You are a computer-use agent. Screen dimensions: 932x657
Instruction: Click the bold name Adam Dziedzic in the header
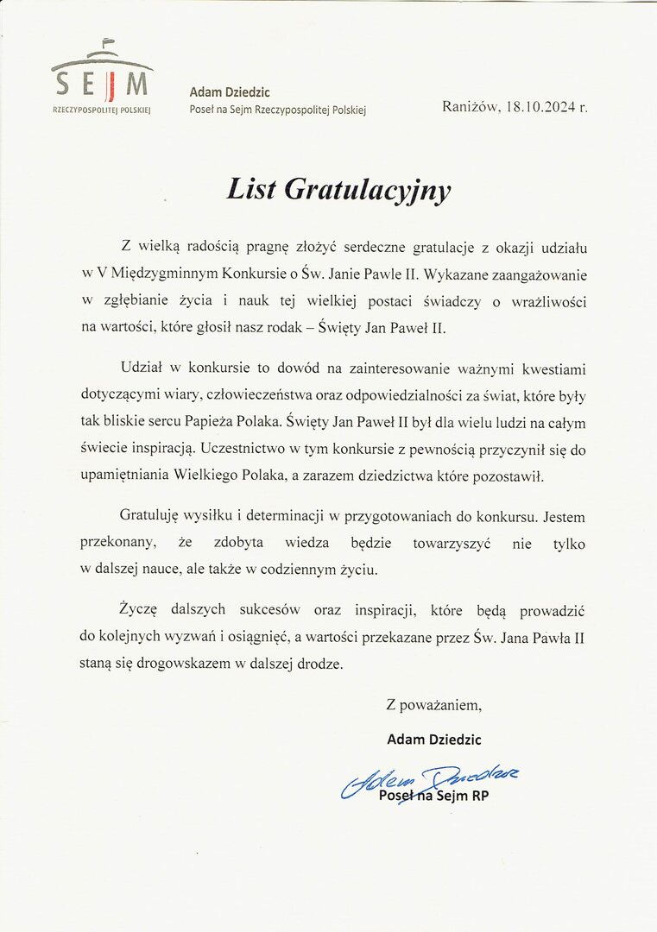(x=230, y=92)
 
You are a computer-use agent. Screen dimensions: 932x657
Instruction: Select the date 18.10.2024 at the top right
(x=540, y=107)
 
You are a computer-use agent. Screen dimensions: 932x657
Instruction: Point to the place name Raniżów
(x=471, y=107)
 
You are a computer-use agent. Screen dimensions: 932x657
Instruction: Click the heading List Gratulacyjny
(x=338, y=189)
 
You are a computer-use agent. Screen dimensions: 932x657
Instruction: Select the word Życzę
(x=141, y=610)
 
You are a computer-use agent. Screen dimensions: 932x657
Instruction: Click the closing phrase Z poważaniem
(x=433, y=706)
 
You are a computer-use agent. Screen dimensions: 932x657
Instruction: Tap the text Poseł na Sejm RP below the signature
(x=434, y=796)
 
